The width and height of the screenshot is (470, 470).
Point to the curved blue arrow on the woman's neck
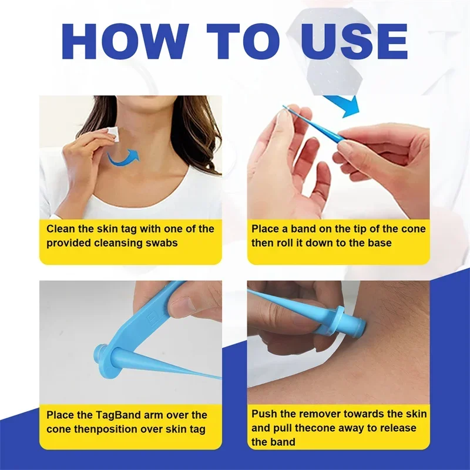124,157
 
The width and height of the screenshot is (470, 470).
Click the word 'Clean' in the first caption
61,229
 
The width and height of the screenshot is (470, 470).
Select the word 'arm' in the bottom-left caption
164,415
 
